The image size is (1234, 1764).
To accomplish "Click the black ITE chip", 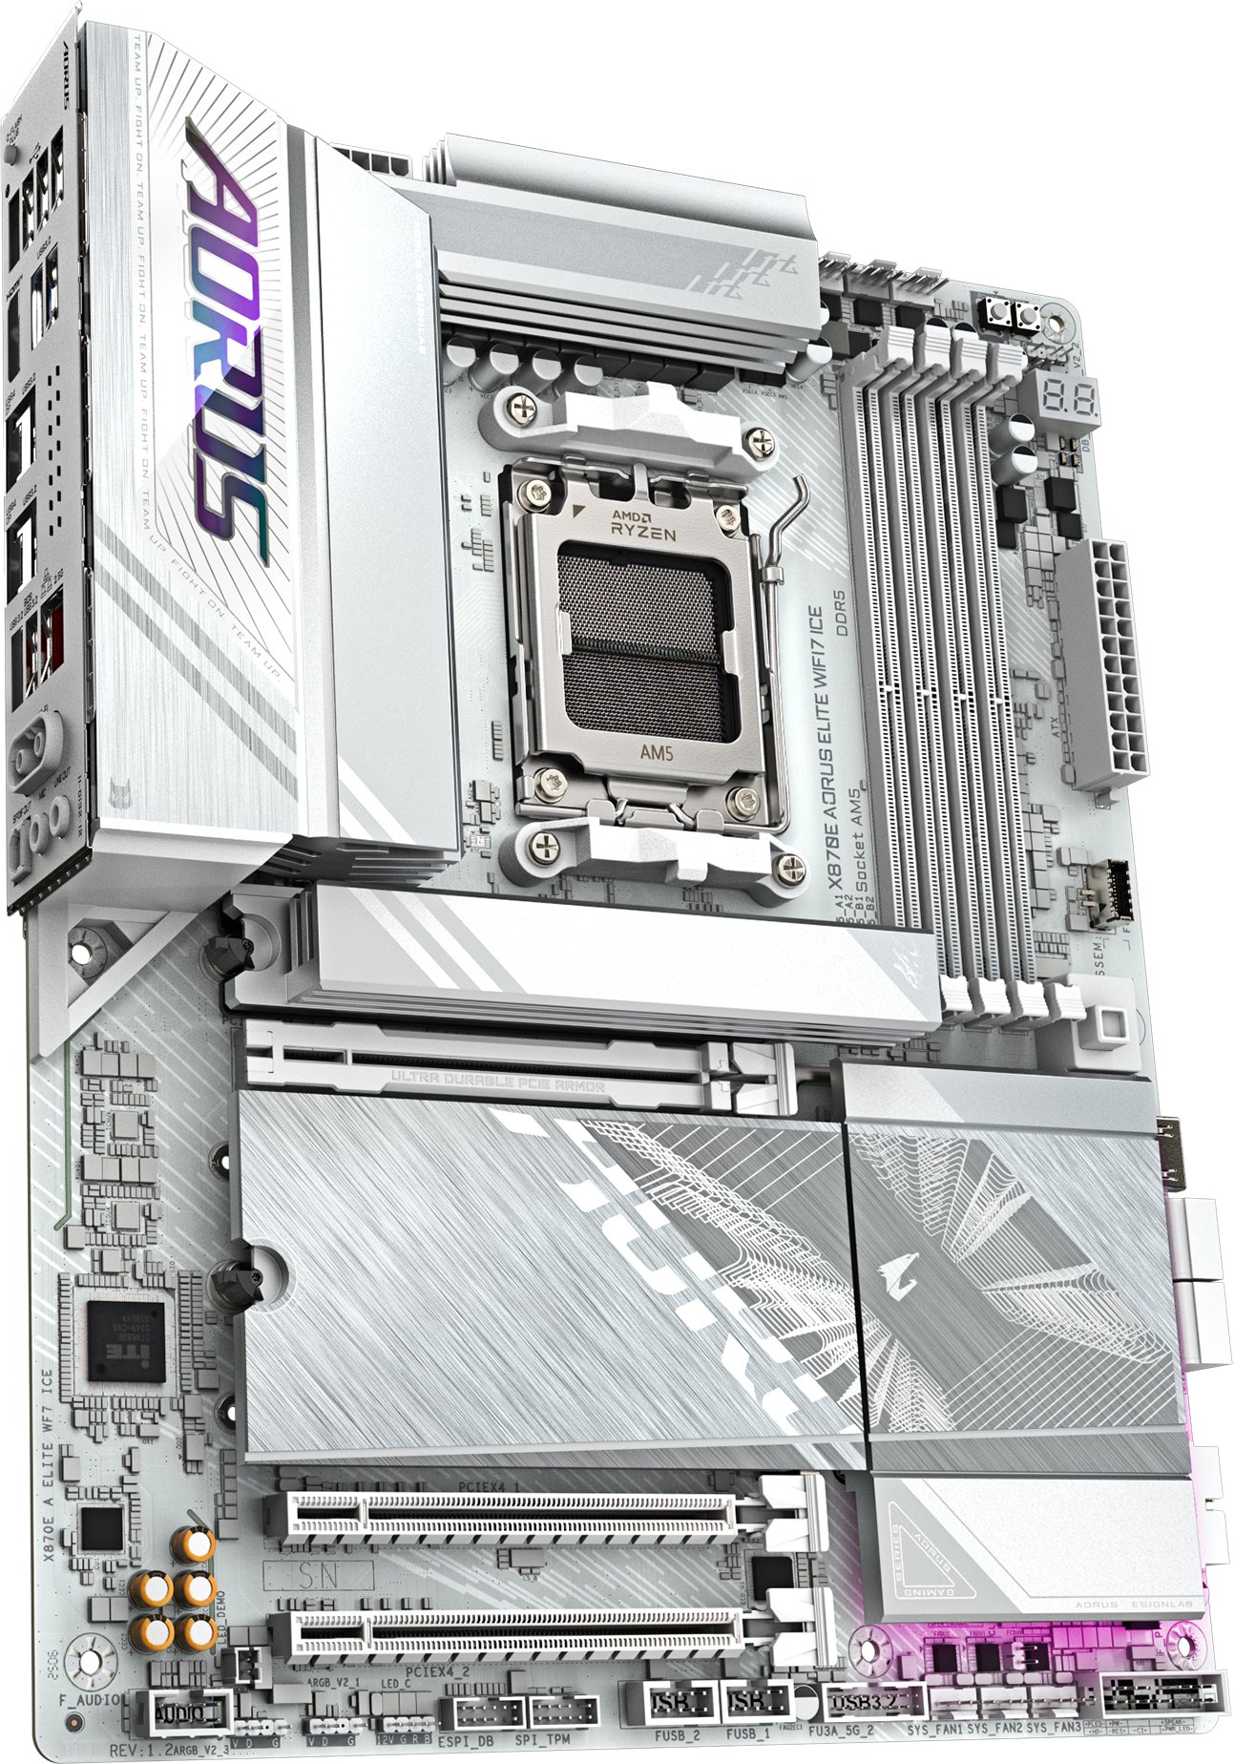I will (126, 1340).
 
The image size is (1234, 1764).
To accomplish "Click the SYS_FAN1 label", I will (934, 1729).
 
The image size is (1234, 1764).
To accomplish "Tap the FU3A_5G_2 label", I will (841, 1731).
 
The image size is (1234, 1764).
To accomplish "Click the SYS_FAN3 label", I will (1053, 1729).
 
